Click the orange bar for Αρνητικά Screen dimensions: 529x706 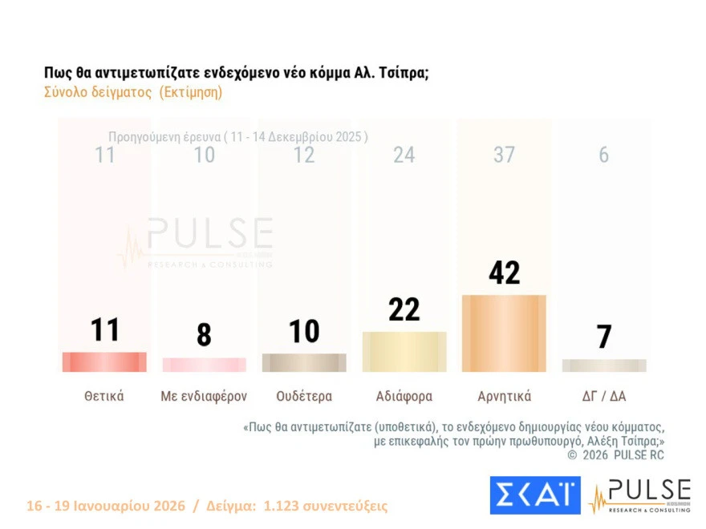click(x=504, y=333)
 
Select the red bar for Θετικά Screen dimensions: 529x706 click(x=104, y=362)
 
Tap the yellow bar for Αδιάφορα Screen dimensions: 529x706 click(x=404, y=352)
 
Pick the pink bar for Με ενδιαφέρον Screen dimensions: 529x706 click(x=205, y=365)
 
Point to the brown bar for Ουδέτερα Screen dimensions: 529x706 click(x=304, y=363)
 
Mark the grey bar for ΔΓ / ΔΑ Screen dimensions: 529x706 click(x=603, y=365)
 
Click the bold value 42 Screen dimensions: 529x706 click(x=504, y=273)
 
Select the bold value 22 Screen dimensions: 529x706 click(x=404, y=309)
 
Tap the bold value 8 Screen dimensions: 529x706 click(x=205, y=335)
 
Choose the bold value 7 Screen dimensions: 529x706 click(x=603, y=337)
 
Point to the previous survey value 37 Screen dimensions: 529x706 click(x=504, y=155)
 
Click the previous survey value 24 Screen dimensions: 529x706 click(x=404, y=155)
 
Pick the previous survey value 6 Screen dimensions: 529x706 click(x=603, y=155)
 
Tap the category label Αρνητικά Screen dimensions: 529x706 click(x=504, y=396)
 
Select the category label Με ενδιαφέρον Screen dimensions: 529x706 click(x=205, y=396)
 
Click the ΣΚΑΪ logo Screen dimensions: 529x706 click(x=534, y=495)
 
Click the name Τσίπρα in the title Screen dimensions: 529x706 click(x=404, y=72)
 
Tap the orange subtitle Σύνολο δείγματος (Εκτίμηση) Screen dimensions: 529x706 click(x=133, y=92)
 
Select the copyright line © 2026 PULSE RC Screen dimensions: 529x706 click(x=615, y=455)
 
